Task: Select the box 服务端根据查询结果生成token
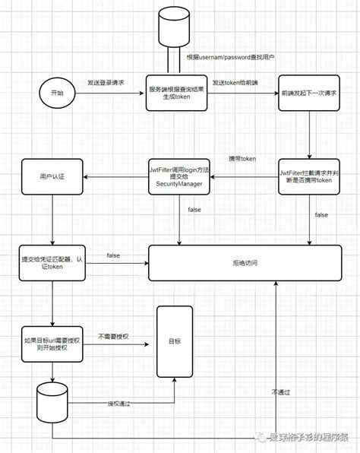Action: click(x=177, y=93)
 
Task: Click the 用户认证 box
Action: click(x=52, y=177)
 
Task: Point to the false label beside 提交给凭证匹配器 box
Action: click(x=113, y=255)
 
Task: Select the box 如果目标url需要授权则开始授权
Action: click(x=52, y=346)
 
